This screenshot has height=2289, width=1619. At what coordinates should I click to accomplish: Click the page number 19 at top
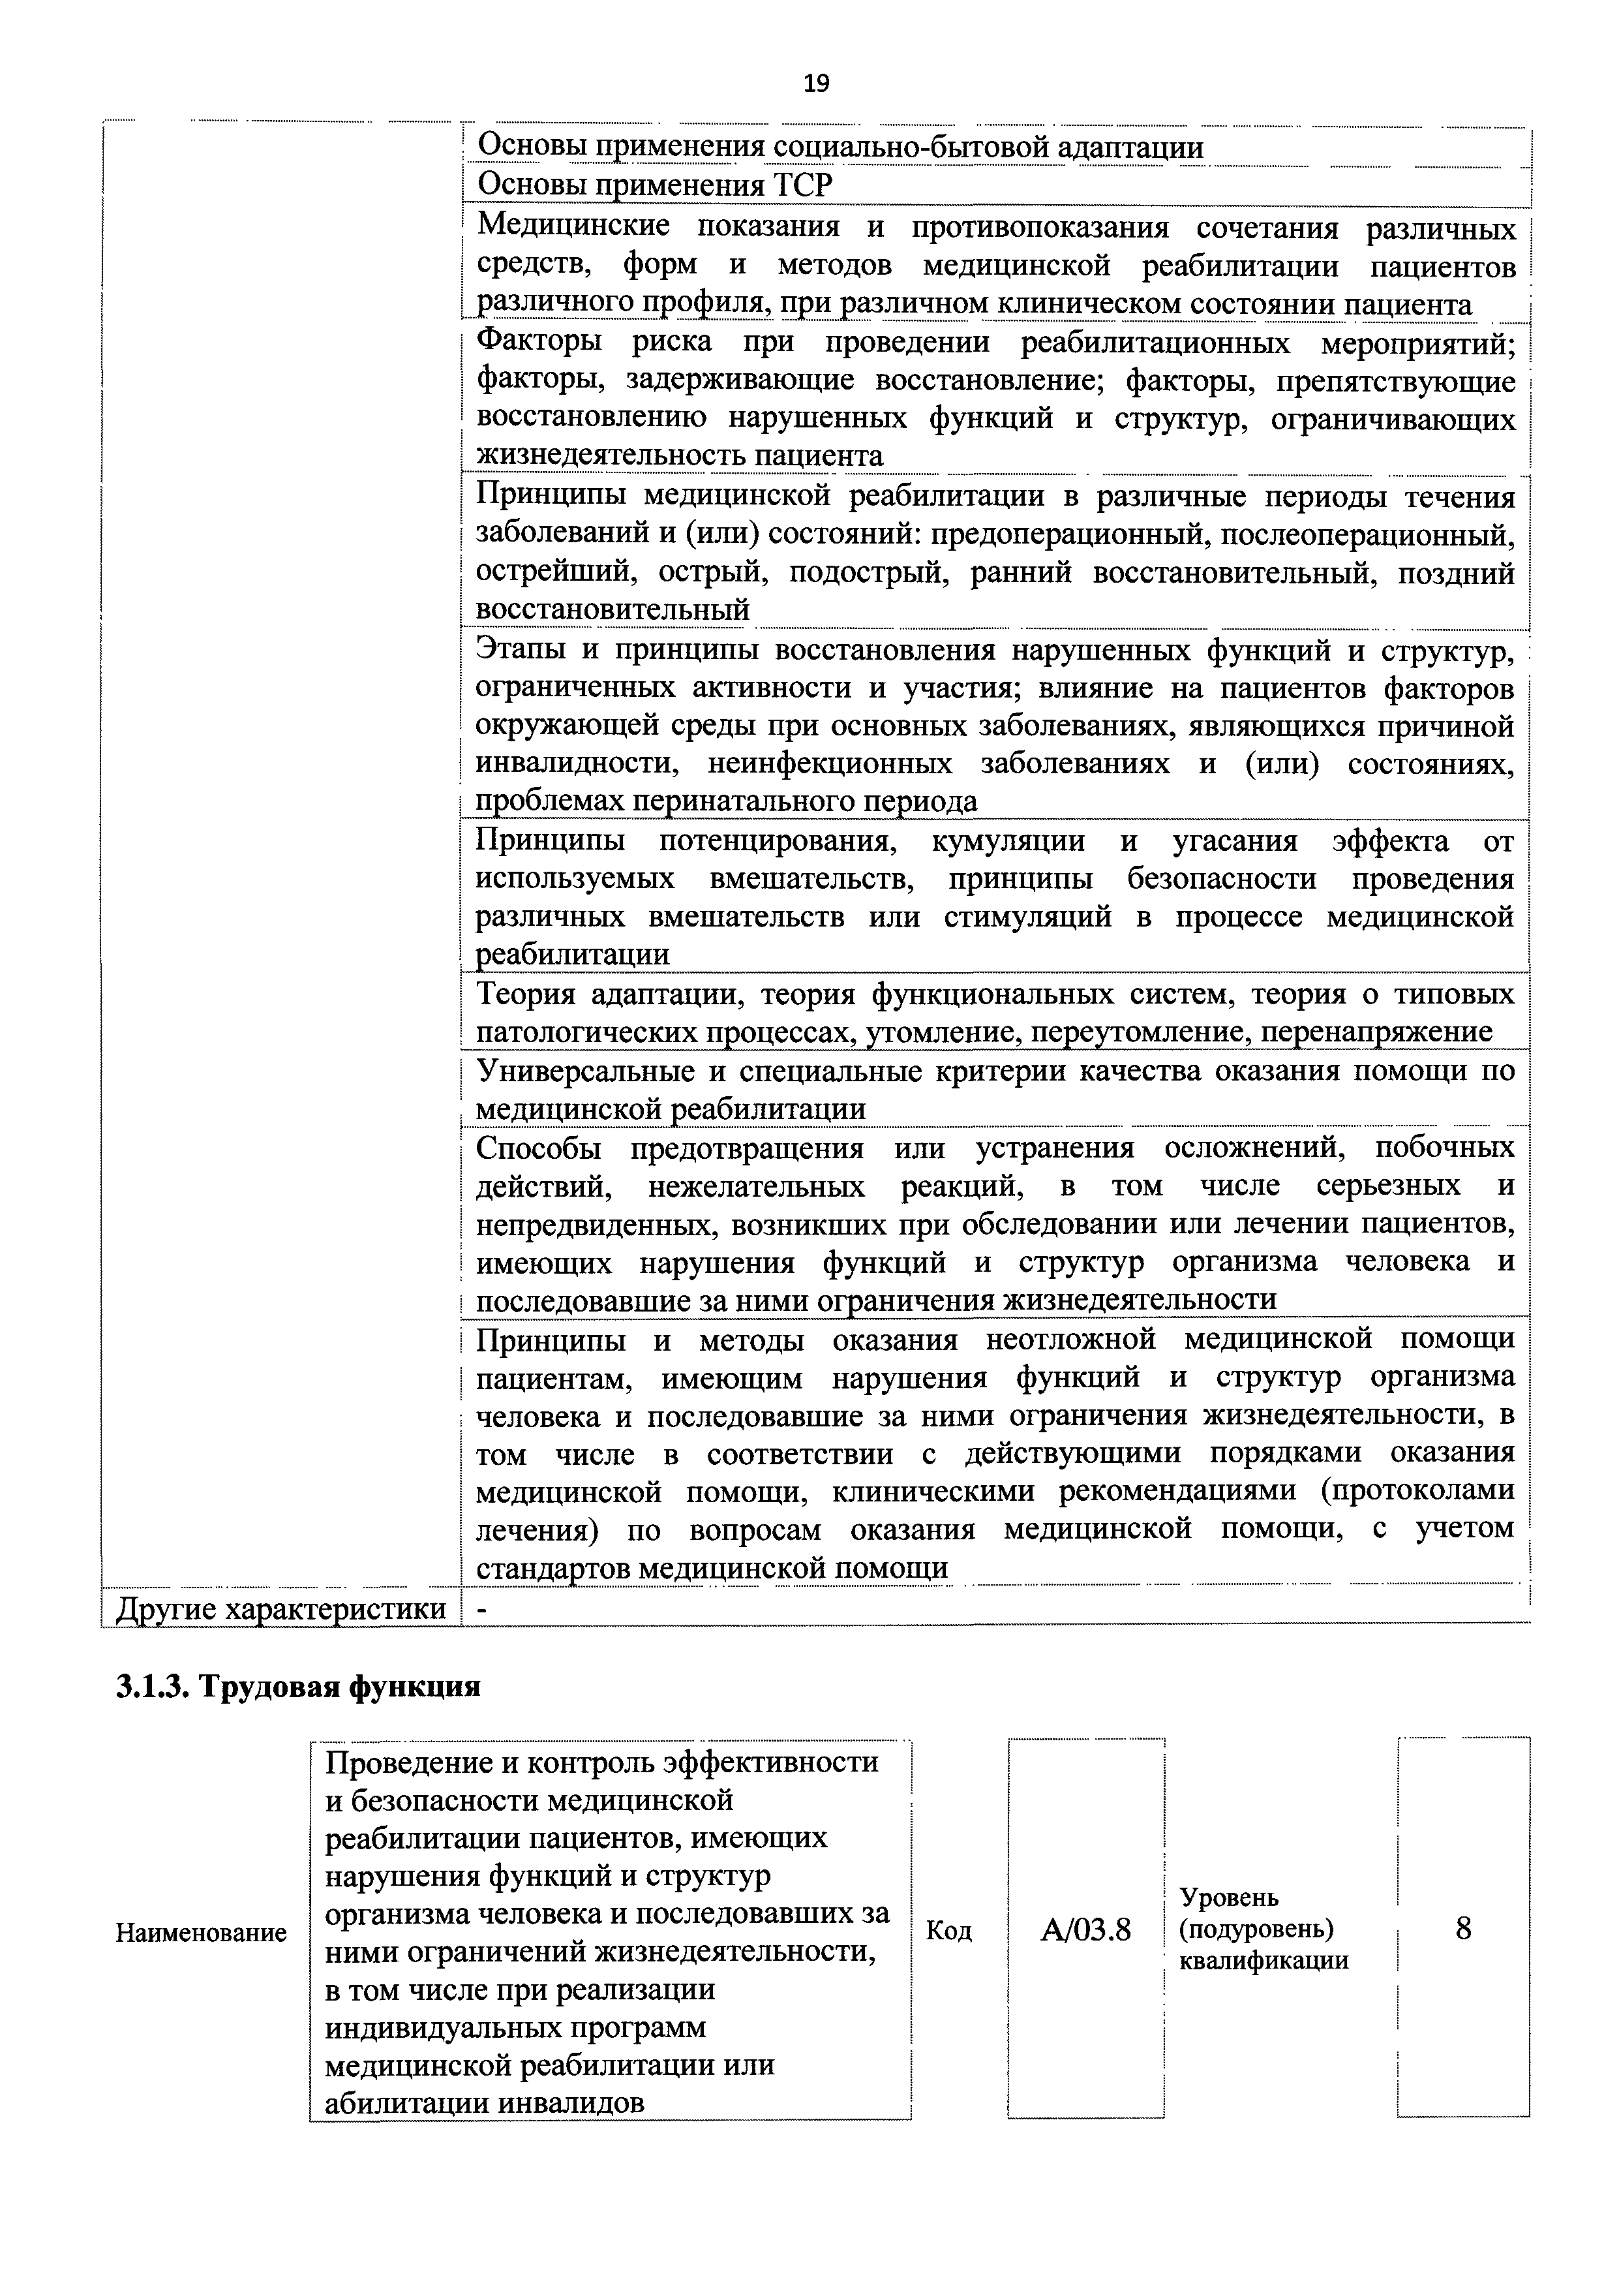[x=815, y=84]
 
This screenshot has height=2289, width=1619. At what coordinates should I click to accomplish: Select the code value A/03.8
[x=1085, y=1930]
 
